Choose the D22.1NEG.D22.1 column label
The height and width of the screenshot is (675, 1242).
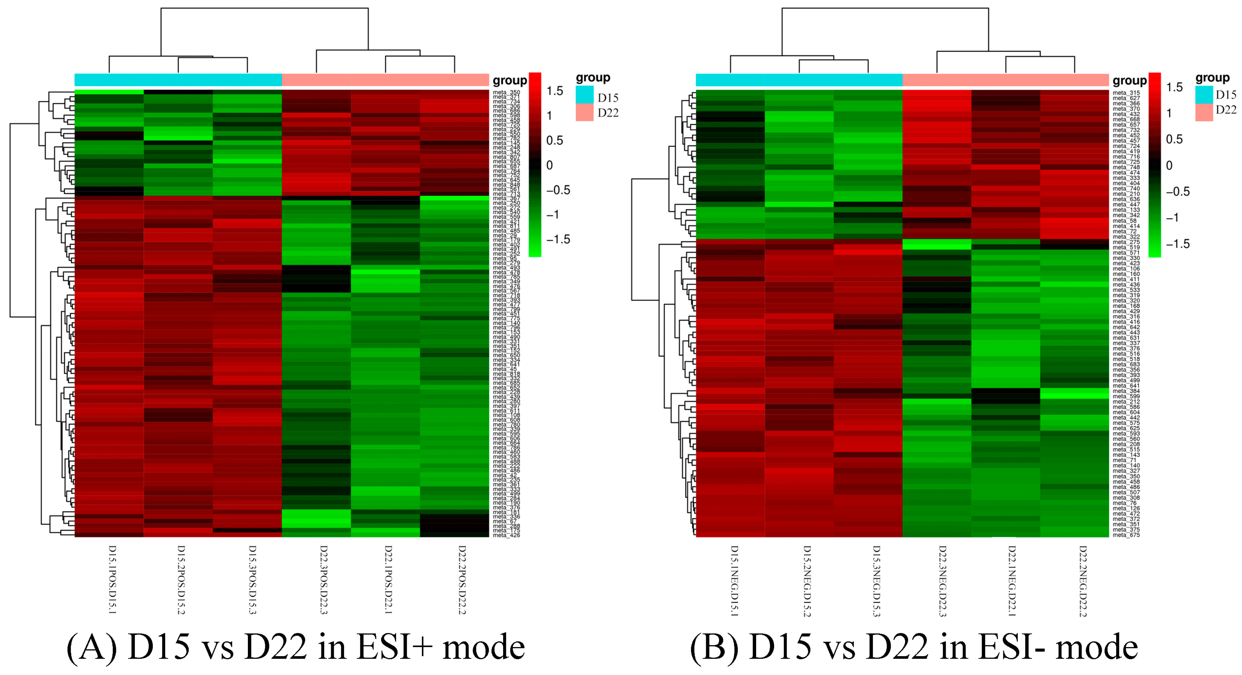1011,581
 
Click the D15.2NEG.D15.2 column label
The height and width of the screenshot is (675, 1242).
807,581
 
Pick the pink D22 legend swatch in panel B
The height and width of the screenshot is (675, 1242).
1204,112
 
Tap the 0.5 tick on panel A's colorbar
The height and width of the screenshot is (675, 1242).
554,140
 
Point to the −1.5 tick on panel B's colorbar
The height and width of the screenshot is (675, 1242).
1177,244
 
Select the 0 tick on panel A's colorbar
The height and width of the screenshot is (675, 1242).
549,165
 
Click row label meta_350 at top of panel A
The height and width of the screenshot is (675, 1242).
506,92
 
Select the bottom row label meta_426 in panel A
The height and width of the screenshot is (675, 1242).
506,535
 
